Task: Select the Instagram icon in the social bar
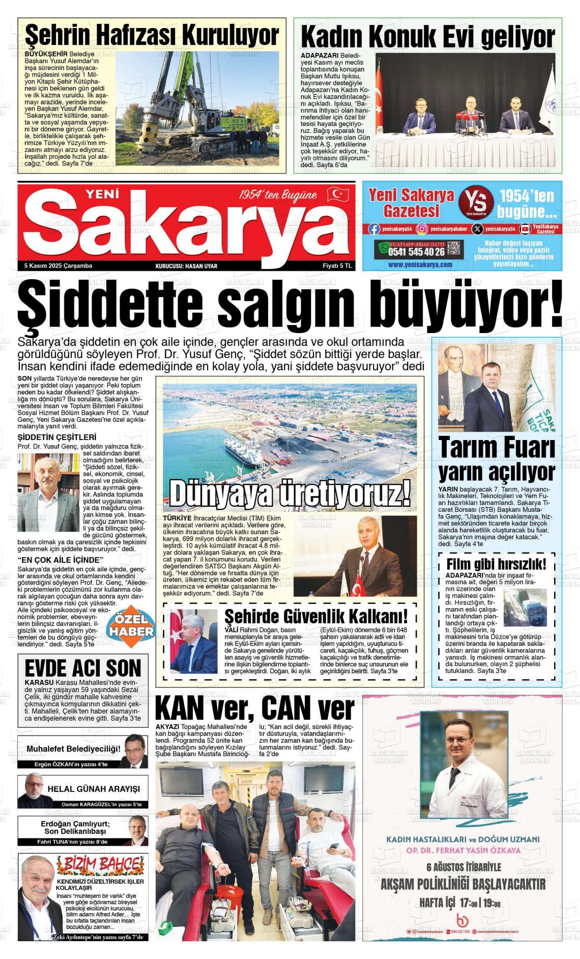coord(422,229)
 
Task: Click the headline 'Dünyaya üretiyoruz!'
coord(289,492)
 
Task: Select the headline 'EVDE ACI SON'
coord(83,668)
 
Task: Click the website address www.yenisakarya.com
coord(420,265)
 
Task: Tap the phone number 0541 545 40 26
coord(416,252)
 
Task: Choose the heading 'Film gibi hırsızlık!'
coord(496,564)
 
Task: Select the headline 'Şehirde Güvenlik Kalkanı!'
coord(316,616)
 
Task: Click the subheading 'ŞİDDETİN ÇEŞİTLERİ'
coord(57,437)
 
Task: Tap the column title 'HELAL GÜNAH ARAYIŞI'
coord(94,789)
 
